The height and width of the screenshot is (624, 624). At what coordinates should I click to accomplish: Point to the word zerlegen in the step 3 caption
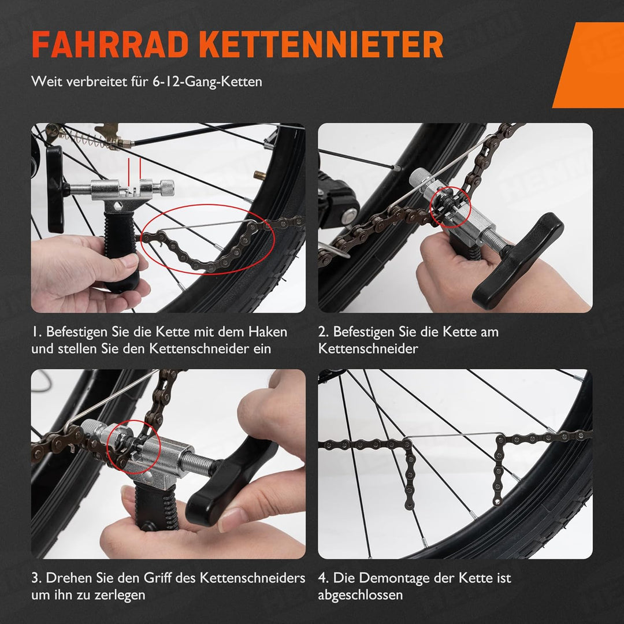120,595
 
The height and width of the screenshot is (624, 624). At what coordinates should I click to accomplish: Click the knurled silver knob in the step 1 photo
166,186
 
